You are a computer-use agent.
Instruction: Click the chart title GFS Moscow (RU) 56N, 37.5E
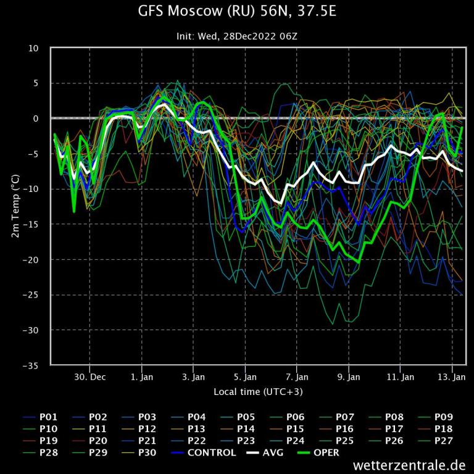click(237, 12)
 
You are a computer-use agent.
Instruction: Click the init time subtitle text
click(237, 36)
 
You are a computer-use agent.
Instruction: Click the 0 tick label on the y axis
click(36, 118)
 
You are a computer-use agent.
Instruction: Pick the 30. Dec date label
click(90, 376)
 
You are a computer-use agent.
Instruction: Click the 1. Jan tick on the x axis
click(142, 376)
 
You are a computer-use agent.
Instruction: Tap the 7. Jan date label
click(297, 376)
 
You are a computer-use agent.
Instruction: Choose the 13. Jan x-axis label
click(452, 376)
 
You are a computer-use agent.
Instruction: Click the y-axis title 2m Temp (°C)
click(16, 206)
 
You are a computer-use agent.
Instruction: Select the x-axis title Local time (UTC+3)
click(258, 392)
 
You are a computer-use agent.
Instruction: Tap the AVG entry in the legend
click(268, 452)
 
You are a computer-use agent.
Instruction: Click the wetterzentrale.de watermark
click(409, 465)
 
